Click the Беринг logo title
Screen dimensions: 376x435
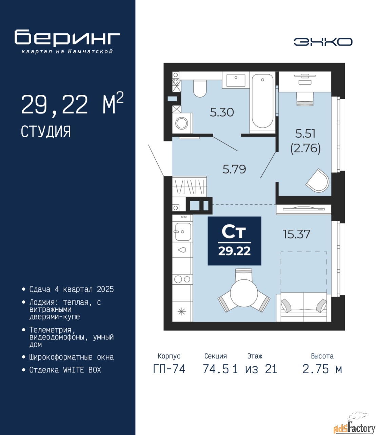(x=67, y=38)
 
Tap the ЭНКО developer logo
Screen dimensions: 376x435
(x=323, y=42)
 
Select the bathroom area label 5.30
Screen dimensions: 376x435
(x=222, y=112)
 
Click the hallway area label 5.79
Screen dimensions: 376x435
(x=234, y=169)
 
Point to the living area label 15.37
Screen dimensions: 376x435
(x=296, y=234)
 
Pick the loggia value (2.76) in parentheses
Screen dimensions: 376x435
(x=305, y=149)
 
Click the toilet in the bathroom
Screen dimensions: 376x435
(x=200, y=89)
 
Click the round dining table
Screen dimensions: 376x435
(x=244, y=293)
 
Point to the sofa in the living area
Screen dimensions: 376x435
(x=303, y=307)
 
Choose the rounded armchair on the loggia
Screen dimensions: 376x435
(x=317, y=180)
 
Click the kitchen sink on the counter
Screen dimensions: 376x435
(x=183, y=232)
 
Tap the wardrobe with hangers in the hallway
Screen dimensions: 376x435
(x=190, y=187)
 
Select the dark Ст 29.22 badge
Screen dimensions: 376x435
(x=235, y=241)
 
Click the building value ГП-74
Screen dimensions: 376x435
(x=169, y=369)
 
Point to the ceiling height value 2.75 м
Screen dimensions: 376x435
(x=322, y=369)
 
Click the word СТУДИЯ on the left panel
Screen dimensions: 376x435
(x=46, y=132)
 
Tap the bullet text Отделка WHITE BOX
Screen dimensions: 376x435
(x=65, y=370)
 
